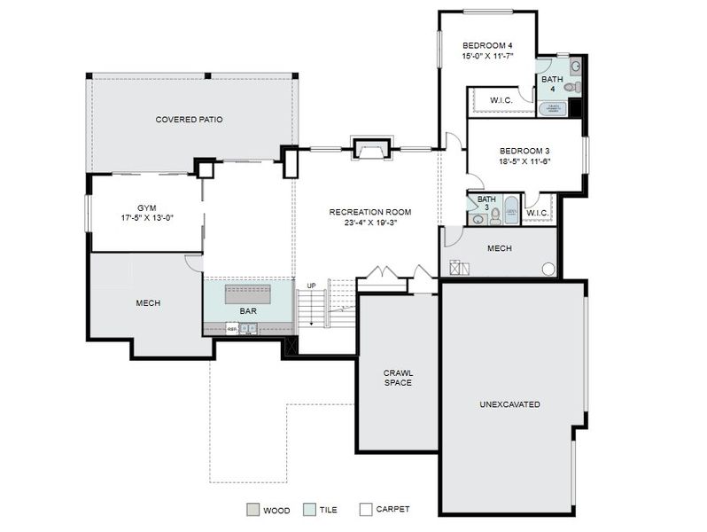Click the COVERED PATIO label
pos(189,120)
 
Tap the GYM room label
pos(146,207)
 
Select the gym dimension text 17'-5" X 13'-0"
pos(146,217)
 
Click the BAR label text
pos(248,311)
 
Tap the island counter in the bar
pos(248,293)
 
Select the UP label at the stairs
pos(311,286)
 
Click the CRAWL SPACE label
pos(397,378)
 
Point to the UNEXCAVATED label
pos(509,404)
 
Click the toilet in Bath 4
pos(574,87)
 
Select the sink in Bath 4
pos(575,66)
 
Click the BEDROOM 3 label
pos(524,151)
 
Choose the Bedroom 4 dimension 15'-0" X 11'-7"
pos(487,56)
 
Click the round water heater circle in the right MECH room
pos(548,268)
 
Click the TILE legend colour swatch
pos(308,510)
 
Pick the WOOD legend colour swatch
pos(252,510)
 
